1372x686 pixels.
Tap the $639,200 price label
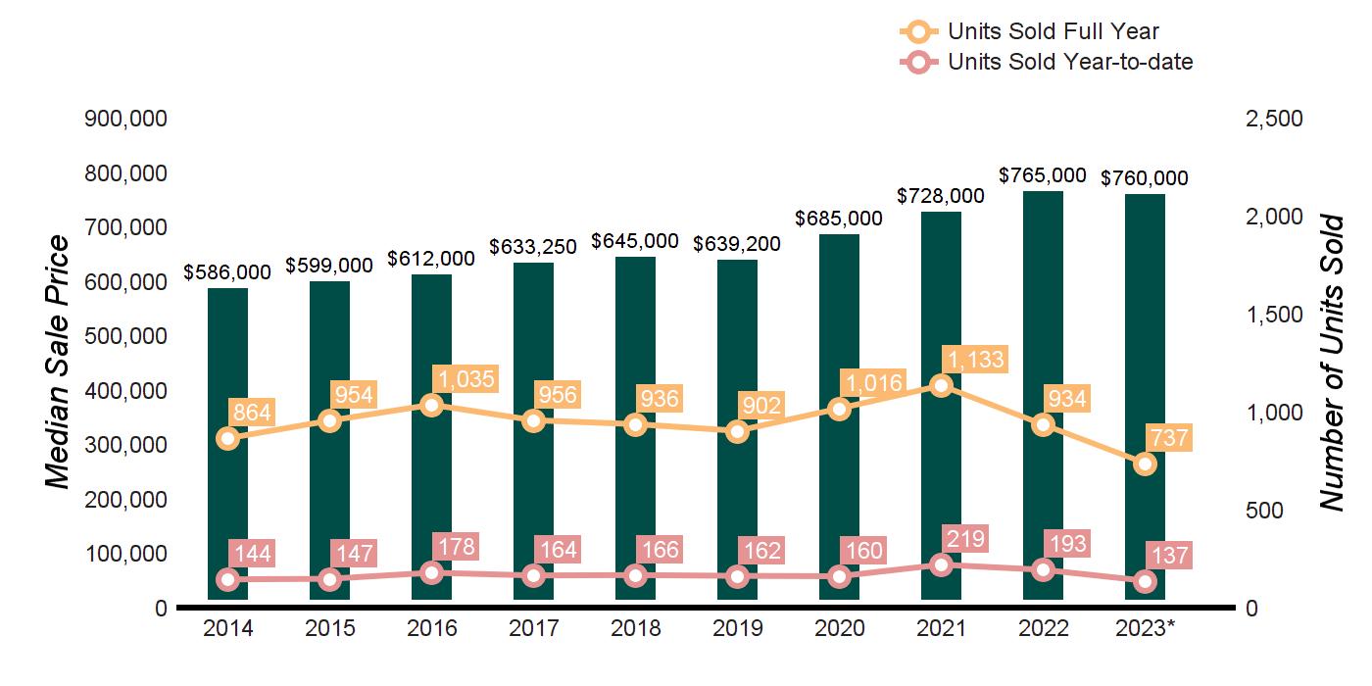point(737,243)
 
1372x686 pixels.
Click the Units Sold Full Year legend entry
point(1029,32)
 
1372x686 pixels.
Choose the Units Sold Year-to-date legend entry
point(1046,62)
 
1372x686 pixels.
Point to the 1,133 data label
point(972,360)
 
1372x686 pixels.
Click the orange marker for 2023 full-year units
point(1145,465)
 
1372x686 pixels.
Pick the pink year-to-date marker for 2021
point(941,564)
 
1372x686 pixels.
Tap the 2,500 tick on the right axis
point(1273,119)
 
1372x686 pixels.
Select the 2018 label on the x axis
point(635,628)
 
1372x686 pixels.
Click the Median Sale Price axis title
point(59,363)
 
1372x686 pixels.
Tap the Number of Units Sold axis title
point(1331,363)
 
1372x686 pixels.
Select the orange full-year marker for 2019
point(737,431)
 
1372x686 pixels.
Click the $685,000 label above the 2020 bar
point(839,218)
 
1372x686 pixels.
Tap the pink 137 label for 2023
point(1168,557)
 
